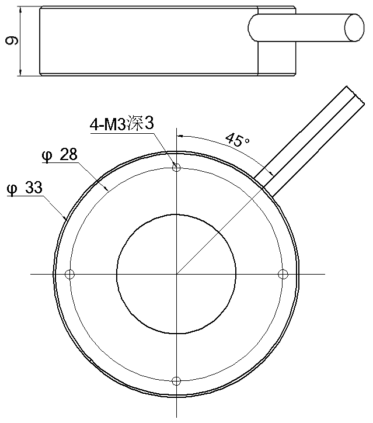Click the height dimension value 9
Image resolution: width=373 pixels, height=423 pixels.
[12, 41]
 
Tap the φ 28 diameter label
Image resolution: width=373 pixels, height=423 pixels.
[60, 155]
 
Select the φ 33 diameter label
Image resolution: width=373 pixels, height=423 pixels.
[25, 188]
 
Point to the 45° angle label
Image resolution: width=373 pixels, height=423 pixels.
[237, 140]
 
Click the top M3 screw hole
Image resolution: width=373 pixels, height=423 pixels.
[176, 168]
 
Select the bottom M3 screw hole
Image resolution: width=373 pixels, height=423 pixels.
[176, 381]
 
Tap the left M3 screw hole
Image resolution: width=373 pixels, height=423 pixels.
[70, 275]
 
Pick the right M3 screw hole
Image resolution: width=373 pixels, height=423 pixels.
[283, 275]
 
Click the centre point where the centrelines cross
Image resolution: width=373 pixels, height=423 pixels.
[176, 275]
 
